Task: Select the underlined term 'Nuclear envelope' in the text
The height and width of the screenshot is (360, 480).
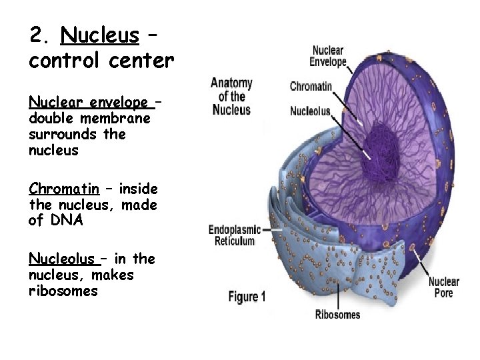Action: (89, 102)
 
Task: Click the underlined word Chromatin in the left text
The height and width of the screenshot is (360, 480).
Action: (64, 189)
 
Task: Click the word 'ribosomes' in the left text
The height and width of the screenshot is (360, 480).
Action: (63, 291)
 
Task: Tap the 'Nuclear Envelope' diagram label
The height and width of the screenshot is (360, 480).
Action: (328, 56)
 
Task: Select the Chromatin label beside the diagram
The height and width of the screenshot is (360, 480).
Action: (311, 86)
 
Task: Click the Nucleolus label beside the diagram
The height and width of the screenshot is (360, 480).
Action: (310, 111)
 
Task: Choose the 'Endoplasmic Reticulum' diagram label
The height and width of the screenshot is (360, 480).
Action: (232, 235)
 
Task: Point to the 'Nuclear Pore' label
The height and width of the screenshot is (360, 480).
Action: (443, 287)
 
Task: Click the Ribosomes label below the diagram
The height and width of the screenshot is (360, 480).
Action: (337, 314)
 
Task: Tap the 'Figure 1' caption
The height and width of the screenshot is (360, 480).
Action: (247, 297)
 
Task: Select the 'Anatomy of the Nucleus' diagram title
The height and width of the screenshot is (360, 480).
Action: (231, 97)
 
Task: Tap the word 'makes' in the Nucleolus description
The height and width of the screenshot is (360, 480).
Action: (113, 275)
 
